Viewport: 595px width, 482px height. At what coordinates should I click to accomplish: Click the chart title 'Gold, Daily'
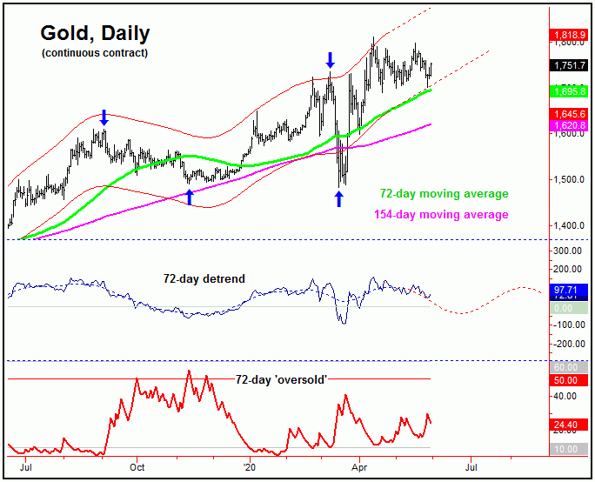95,33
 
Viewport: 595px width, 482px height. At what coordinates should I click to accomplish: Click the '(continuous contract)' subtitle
94,54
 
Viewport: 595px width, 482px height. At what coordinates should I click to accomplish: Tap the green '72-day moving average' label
444,194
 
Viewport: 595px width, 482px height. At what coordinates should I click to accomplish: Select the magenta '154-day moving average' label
441,214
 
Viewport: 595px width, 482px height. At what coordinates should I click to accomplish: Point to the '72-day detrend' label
204,278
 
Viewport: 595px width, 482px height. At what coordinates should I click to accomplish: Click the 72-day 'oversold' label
280,379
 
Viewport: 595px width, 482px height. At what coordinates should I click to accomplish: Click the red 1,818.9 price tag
570,36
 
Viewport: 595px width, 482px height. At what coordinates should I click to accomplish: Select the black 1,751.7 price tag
570,65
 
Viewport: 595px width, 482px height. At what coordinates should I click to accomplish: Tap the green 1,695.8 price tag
570,90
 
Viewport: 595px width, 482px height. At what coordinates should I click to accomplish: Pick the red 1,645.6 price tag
570,114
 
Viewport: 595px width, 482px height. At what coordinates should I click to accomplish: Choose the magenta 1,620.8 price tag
570,125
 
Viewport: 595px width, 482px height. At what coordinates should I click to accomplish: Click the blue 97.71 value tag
570,288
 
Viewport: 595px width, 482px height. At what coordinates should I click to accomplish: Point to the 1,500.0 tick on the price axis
570,180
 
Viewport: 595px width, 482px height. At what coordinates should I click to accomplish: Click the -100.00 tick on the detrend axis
570,325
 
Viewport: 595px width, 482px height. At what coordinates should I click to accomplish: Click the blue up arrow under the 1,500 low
339,198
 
